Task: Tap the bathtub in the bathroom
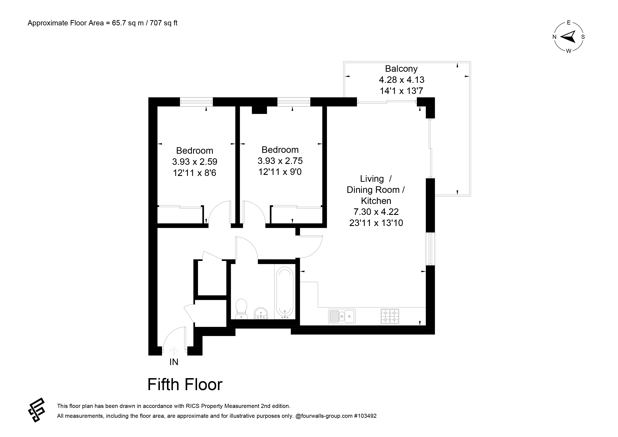click(x=285, y=293)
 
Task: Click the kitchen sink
click(x=342, y=316)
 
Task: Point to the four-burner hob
click(x=390, y=316)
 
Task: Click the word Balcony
click(x=401, y=69)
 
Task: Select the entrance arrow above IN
click(x=174, y=351)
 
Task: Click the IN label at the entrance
click(x=174, y=362)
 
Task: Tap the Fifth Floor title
click(x=185, y=384)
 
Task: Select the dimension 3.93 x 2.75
click(x=280, y=161)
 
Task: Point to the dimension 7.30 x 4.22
click(x=376, y=212)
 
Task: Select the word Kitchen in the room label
click(x=376, y=201)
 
